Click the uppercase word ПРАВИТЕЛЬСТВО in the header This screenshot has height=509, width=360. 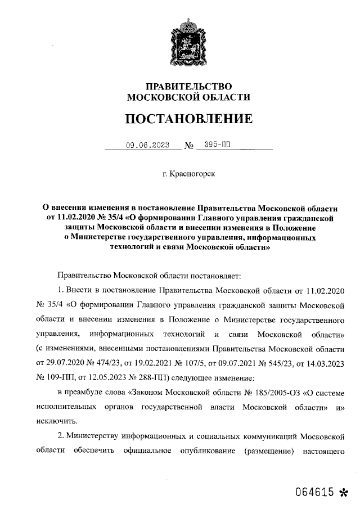click(x=188, y=86)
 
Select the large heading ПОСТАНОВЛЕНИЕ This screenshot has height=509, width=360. click(x=188, y=119)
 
